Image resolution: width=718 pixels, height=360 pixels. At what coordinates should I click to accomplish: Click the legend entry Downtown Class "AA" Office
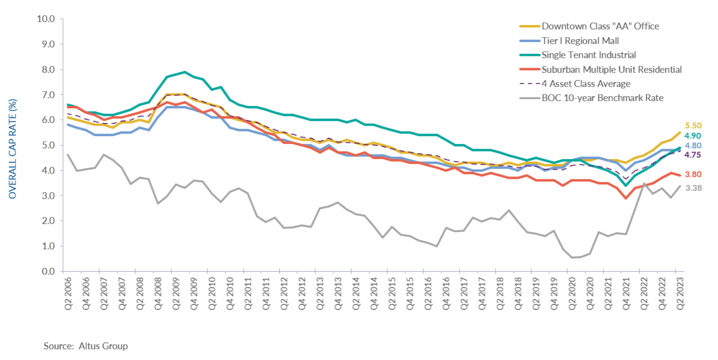pyautogui.click(x=600, y=26)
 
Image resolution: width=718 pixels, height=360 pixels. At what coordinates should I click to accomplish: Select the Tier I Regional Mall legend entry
pyautogui.click(x=580, y=41)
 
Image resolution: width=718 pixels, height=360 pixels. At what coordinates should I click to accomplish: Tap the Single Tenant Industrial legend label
pyautogui.click(x=588, y=55)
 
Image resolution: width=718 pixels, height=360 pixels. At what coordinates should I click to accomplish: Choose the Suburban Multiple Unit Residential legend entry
pyautogui.click(x=611, y=69)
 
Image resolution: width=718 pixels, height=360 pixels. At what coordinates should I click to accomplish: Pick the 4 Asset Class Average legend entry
pyautogui.click(x=586, y=84)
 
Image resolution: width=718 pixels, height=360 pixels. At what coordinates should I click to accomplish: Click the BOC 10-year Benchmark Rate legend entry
pyautogui.click(x=602, y=98)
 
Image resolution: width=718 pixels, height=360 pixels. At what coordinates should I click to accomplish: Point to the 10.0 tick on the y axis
pyautogui.click(x=46, y=19)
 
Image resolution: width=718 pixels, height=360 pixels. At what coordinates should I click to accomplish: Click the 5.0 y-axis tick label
pyautogui.click(x=48, y=145)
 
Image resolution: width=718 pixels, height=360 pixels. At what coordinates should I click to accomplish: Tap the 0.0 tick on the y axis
pyautogui.click(x=48, y=271)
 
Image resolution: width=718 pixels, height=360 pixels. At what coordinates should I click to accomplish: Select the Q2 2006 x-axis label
pyautogui.click(x=68, y=293)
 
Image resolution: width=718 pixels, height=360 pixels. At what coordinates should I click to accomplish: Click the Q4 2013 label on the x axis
pyautogui.click(x=338, y=293)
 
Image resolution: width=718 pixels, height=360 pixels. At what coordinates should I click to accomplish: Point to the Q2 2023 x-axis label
pyautogui.click(x=680, y=293)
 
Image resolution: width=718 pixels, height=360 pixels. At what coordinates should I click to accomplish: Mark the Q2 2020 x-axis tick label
pyautogui.click(x=572, y=293)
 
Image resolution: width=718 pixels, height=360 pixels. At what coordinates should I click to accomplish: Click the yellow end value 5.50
pyautogui.click(x=693, y=126)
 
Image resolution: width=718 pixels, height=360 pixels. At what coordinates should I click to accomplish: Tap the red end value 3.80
pyautogui.click(x=693, y=174)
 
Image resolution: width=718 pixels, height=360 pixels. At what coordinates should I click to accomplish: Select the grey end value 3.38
pyautogui.click(x=693, y=188)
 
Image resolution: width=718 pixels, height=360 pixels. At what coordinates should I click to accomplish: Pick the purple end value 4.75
pyautogui.click(x=692, y=155)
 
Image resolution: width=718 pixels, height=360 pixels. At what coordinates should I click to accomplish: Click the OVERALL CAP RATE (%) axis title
pyautogui.click(x=13, y=149)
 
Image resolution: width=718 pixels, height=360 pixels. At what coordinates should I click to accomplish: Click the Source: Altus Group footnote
pyautogui.click(x=86, y=346)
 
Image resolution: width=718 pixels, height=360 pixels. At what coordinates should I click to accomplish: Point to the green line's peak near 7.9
pyautogui.click(x=185, y=72)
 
